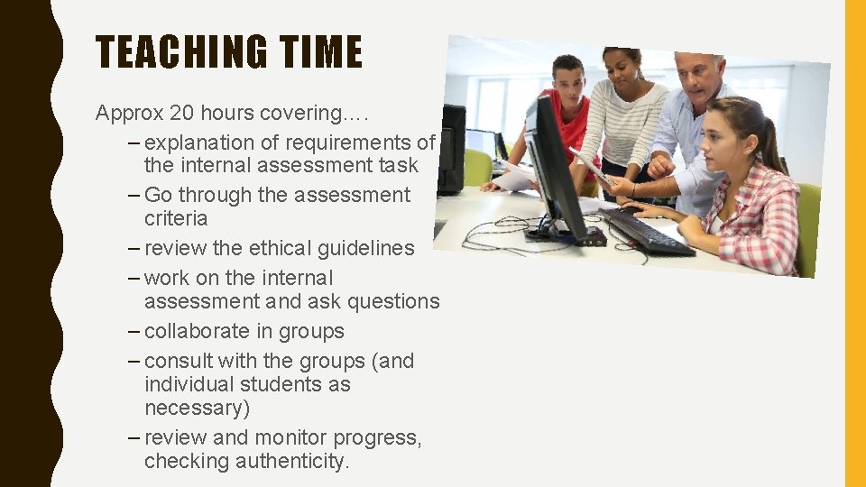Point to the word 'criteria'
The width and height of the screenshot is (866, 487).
(x=176, y=218)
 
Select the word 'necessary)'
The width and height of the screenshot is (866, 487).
(x=197, y=408)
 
